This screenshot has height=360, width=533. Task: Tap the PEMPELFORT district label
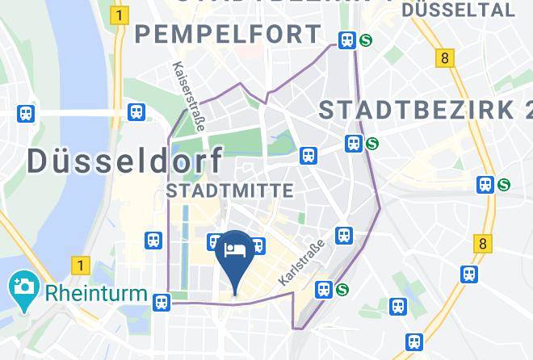228,35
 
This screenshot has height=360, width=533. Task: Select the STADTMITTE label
229,190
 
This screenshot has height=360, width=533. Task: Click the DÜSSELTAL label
463,10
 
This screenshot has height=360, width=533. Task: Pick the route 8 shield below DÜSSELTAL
443,58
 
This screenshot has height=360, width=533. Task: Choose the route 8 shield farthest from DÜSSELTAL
483,242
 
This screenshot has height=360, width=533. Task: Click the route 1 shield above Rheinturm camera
79,264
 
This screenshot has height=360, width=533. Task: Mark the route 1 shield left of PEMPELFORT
120,15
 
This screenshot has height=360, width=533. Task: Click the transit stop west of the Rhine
27,114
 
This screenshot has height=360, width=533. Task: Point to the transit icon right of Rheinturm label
162,302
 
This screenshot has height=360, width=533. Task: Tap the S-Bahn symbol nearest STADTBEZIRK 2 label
371,144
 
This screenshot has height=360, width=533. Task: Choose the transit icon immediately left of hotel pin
215,241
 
